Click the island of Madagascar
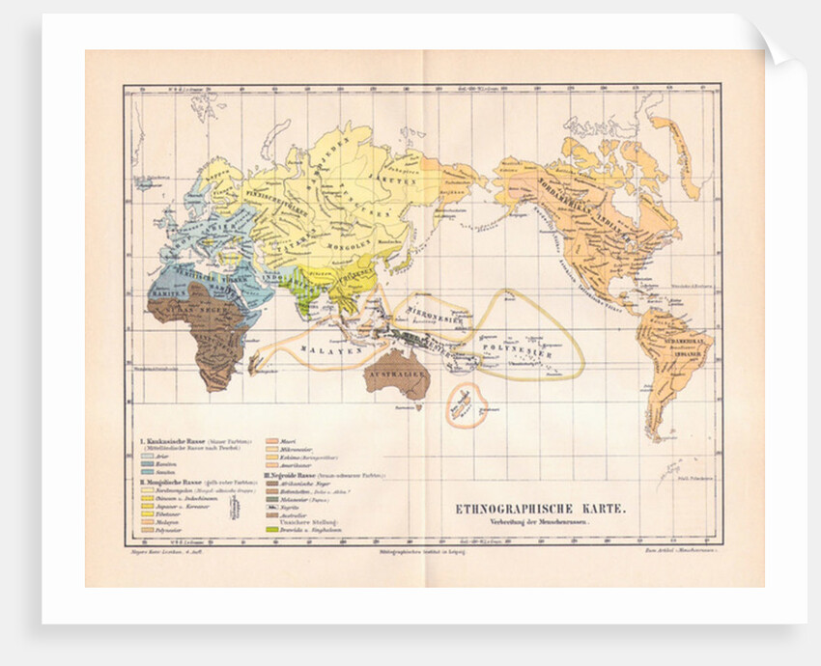pos(256,364)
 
